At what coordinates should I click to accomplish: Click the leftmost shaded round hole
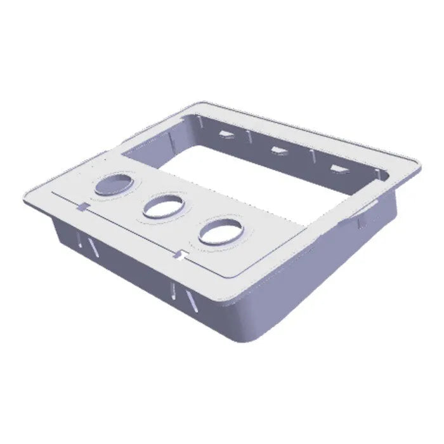114,184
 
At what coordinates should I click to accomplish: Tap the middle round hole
163,206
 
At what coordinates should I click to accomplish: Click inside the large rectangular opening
254,178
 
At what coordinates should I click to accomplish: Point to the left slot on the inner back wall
225,133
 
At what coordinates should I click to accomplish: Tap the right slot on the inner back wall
337,169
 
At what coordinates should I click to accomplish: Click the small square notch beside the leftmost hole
83,206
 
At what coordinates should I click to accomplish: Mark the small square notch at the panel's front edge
183,256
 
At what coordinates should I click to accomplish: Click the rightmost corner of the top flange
417,166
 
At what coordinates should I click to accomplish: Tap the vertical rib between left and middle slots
249,138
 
